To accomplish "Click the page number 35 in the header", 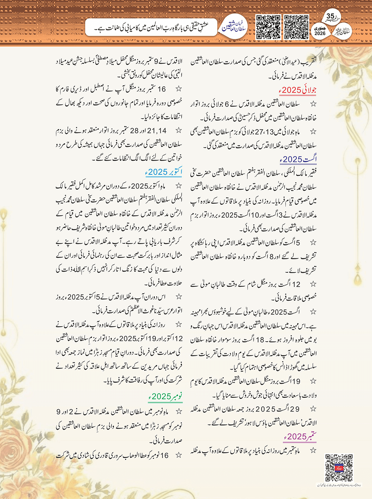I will click(330, 16).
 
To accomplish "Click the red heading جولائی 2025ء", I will click(297, 90).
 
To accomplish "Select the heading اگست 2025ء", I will click(298, 159).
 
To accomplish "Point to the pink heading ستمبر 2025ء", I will click(300, 436).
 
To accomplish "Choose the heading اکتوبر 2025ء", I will click(165, 172).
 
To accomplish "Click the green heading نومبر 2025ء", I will click(165, 396).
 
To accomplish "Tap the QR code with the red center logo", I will click(339, 468).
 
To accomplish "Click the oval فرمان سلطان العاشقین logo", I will click(234, 27).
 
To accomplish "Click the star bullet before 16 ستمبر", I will click(178, 89).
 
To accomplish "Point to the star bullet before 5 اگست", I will click(313, 242).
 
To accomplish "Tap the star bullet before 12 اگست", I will click(313, 284).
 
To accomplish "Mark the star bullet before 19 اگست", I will click(313, 381).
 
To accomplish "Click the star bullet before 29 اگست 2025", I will click(313, 409).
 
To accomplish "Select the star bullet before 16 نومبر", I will click(178, 455).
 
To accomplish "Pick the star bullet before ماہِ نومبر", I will click(178, 412).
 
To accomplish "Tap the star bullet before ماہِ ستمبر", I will click(313, 451).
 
